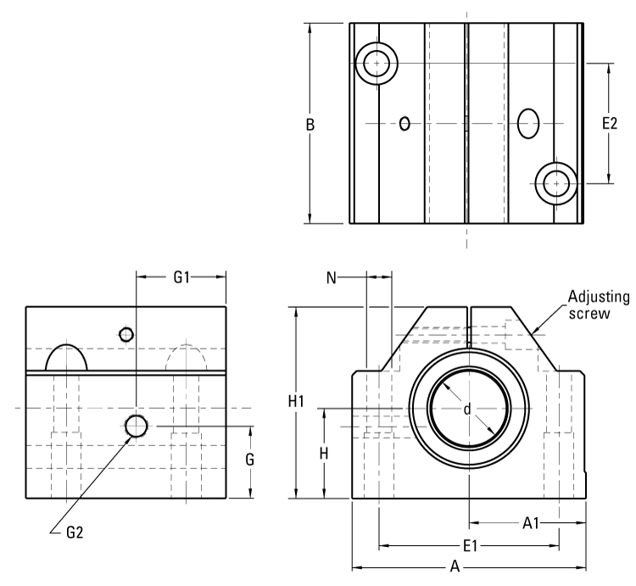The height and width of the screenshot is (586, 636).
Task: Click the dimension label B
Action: (310, 124)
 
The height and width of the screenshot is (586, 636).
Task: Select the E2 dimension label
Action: (610, 124)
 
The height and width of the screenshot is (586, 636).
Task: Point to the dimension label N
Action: (332, 276)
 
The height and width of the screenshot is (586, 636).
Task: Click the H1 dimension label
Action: (296, 402)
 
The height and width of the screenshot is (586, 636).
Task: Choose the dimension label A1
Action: (532, 523)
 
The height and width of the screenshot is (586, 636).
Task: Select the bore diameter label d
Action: (466, 410)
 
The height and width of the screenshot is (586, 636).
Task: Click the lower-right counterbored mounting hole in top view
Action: (556, 182)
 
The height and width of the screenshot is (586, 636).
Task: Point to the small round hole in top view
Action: (405, 124)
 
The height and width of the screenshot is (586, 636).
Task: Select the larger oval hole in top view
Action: (529, 123)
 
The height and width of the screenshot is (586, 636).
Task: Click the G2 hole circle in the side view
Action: (137, 426)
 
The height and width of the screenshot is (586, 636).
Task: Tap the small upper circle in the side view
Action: (126, 334)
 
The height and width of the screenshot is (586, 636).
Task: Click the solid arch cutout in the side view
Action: (66, 358)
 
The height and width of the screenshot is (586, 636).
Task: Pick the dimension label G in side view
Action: (251, 460)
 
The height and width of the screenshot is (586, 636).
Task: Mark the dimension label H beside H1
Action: (324, 453)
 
